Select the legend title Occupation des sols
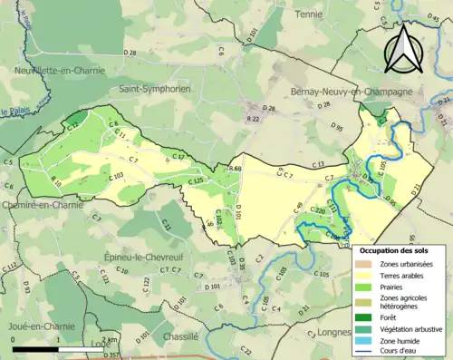pos(400,249)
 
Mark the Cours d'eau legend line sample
pos(364,353)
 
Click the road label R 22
pos(255,118)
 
